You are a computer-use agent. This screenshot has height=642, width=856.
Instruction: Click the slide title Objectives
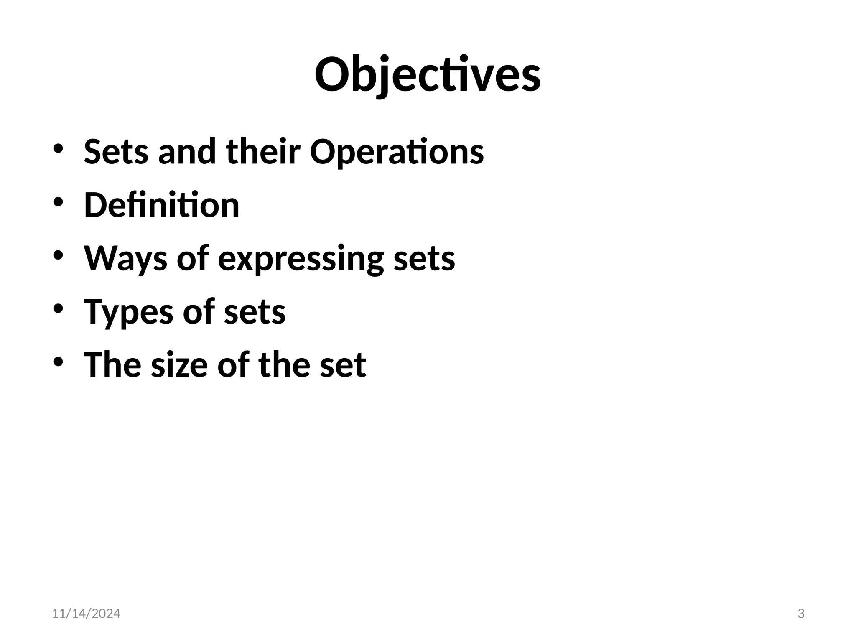click(428, 76)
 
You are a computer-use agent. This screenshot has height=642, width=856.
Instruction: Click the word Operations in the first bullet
click(397, 151)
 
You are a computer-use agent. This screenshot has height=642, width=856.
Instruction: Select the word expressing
click(301, 259)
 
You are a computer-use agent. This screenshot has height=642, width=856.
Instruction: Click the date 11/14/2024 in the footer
click(86, 614)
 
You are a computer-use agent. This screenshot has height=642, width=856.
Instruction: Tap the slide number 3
click(801, 614)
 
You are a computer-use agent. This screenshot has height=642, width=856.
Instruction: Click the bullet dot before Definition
click(58, 202)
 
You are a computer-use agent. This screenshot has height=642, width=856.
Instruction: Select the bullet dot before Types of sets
click(58, 309)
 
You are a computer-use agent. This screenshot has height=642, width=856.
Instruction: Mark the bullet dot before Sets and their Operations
click(58, 149)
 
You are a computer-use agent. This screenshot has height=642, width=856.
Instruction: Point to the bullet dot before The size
click(58, 362)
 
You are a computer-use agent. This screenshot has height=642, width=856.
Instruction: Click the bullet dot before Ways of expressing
click(58, 255)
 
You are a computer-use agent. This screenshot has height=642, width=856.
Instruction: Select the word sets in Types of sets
click(255, 312)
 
